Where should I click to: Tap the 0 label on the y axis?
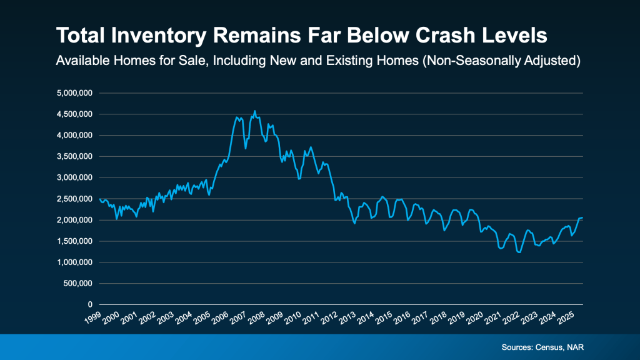91,304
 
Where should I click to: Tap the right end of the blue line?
582,217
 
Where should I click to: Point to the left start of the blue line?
100,199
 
